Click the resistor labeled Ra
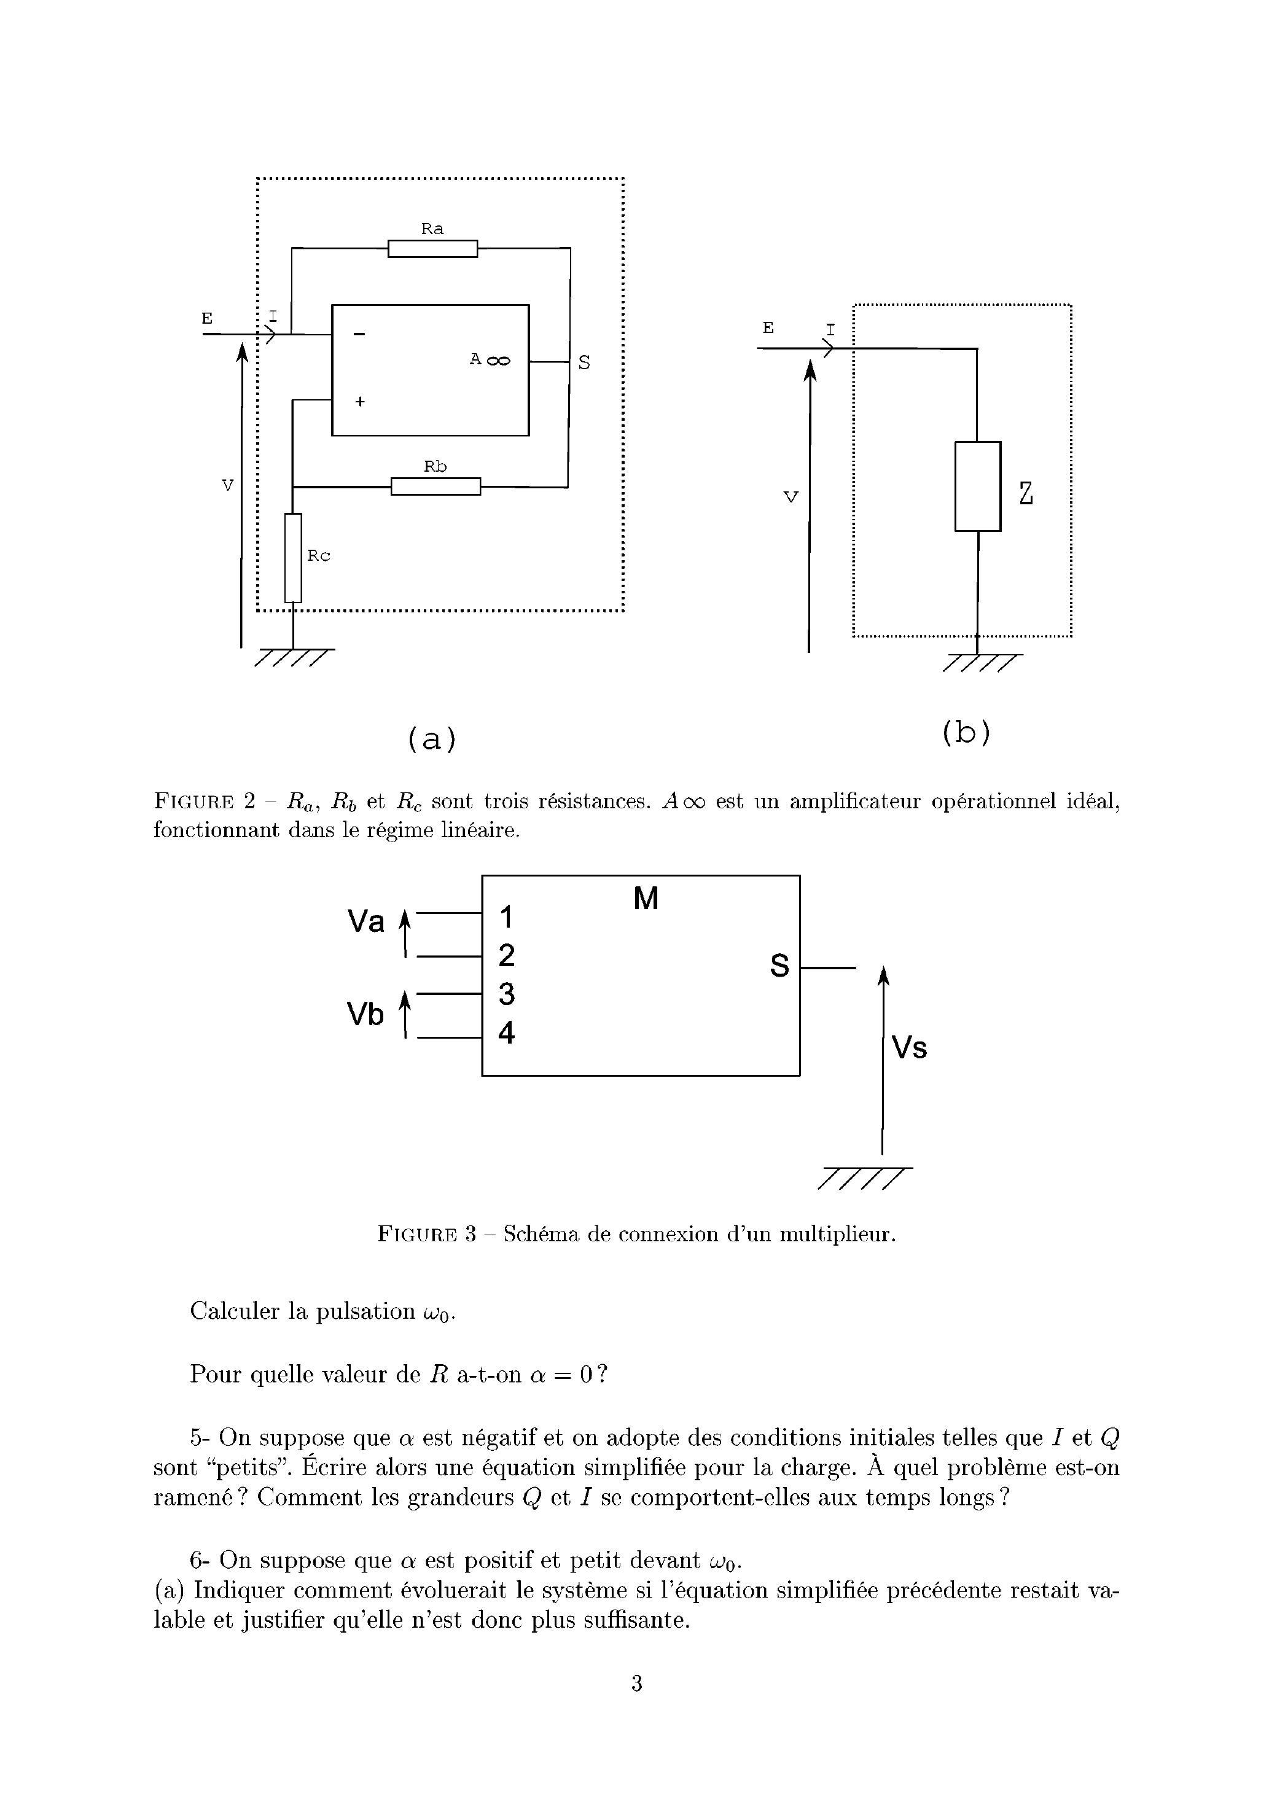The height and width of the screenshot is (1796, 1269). pos(432,249)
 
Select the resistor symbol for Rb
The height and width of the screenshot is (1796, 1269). pos(435,486)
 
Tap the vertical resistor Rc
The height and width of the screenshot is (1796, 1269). pos(292,558)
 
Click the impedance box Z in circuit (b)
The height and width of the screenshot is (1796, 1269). pos(977,486)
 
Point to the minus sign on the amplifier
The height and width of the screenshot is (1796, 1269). pos(359,334)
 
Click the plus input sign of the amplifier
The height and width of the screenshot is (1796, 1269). pos(360,401)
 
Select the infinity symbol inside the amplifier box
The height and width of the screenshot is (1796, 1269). pos(498,361)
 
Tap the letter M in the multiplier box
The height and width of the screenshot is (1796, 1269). pos(646,900)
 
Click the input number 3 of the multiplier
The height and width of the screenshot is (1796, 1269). pos(507,994)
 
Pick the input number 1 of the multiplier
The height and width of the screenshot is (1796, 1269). pos(507,916)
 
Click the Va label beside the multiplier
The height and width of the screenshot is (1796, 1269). pos(366,922)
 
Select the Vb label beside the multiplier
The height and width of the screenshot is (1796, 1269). pos(366,1015)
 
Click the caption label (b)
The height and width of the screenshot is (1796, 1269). pos(966,732)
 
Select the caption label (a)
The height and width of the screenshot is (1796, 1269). pos(432,738)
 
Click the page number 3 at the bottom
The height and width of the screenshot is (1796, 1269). pos(636,1682)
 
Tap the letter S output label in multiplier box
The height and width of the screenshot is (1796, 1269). pos(779,966)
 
